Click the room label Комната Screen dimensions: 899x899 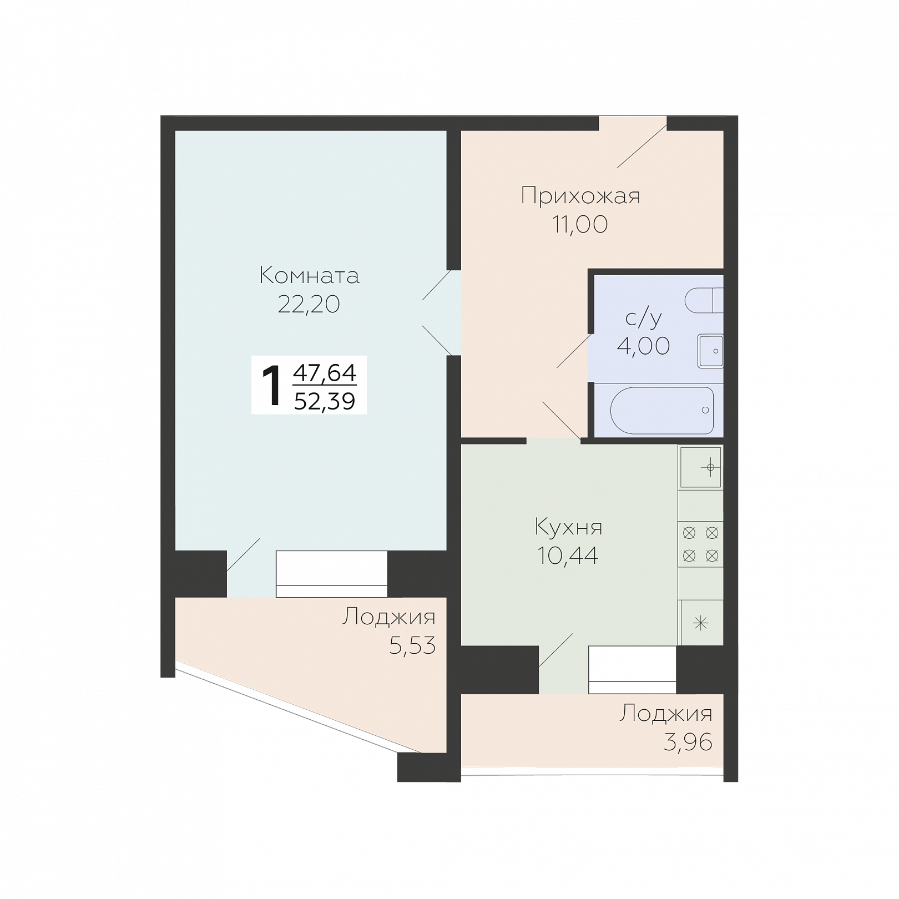(x=309, y=275)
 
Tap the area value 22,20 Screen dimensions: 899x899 (x=309, y=304)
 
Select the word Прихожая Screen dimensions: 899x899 (x=580, y=196)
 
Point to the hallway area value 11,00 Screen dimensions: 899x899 (x=580, y=224)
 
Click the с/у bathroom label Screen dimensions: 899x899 (x=644, y=318)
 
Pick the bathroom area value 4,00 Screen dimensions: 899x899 (x=644, y=346)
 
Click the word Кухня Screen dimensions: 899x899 (x=568, y=527)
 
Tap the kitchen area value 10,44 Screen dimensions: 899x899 (x=568, y=555)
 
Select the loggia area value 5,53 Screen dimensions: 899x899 (x=412, y=645)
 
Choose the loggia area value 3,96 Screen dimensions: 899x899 (x=688, y=742)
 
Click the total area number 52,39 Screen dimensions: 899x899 (x=325, y=400)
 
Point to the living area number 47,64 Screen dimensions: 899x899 (x=325, y=372)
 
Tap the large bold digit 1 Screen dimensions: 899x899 (x=272, y=386)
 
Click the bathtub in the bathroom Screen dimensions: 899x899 (x=662, y=411)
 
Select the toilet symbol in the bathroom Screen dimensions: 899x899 (x=704, y=301)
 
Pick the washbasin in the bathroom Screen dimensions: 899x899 (x=710, y=351)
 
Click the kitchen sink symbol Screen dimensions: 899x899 (x=701, y=467)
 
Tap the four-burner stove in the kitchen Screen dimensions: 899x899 (x=700, y=544)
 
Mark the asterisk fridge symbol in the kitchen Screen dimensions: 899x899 (x=701, y=623)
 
